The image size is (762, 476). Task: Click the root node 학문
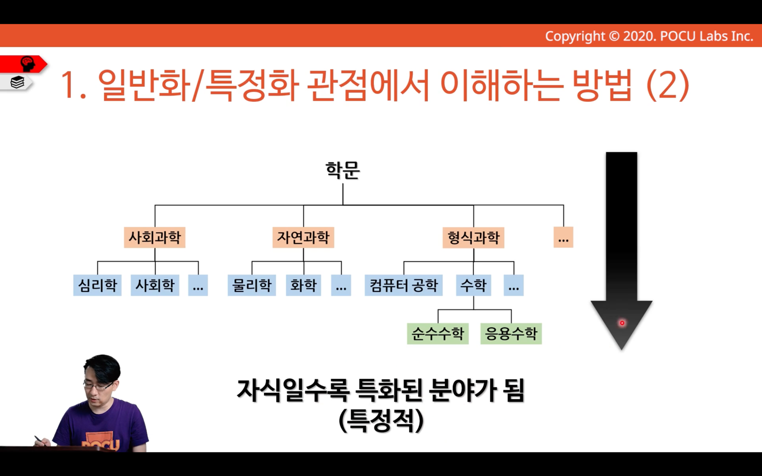pos(343,170)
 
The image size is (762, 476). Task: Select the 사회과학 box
pos(155,237)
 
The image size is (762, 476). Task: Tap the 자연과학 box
pos(303,237)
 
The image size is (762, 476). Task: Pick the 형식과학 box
pos(474,237)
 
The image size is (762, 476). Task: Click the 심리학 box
pos(97,285)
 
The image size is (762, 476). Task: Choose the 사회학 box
pos(155,285)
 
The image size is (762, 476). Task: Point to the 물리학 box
pos(252,285)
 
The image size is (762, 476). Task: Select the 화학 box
pos(303,285)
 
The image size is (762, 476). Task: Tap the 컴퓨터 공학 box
pos(404,285)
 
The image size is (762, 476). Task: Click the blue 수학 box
pos(474,285)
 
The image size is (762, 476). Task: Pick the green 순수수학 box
pos(438,333)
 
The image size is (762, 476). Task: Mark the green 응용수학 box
pos(511,333)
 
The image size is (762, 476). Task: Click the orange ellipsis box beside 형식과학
pos(563,237)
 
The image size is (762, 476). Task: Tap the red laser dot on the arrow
pos(622,323)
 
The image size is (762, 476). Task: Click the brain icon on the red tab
pos(28,64)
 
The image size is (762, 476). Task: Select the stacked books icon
pos(17,82)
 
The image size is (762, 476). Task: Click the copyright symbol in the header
pos(614,36)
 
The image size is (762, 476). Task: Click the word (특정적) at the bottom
pos(381,421)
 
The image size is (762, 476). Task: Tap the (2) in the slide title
pos(667,85)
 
